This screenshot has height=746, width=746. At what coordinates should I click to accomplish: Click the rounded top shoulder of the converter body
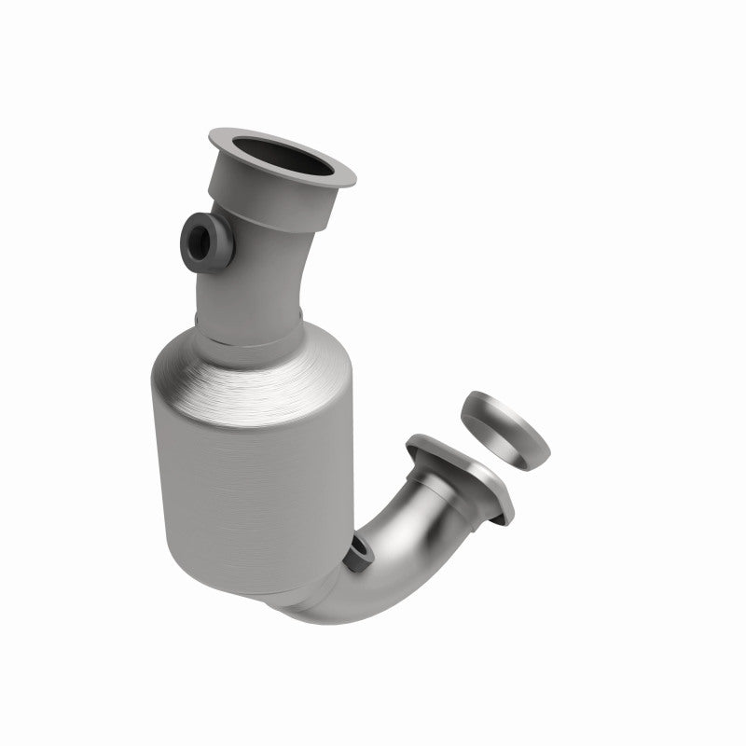[252, 373]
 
